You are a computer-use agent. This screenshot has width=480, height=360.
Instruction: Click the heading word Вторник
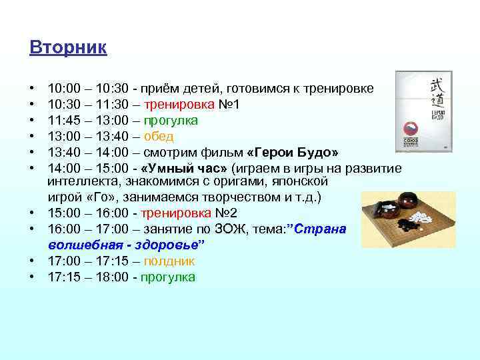tap(68, 49)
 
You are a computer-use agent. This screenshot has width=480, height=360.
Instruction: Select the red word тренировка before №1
tap(181, 105)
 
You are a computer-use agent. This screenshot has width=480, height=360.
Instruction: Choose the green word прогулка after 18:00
tap(167, 277)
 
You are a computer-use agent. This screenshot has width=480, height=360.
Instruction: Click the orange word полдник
tap(171, 262)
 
